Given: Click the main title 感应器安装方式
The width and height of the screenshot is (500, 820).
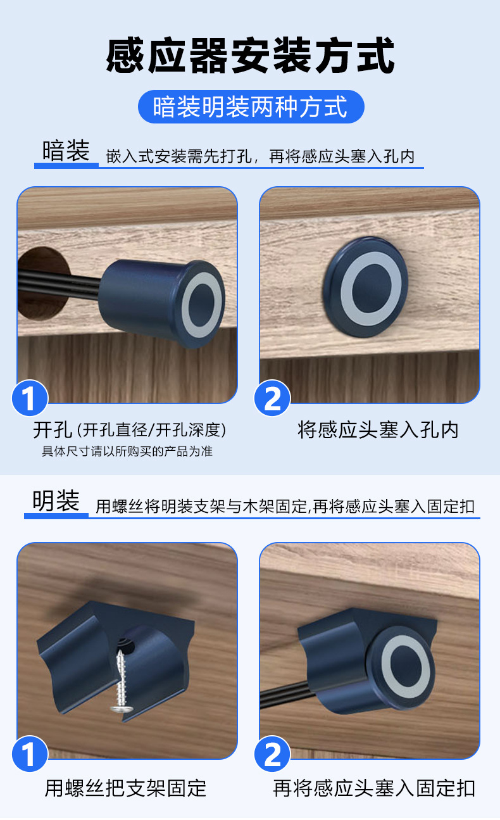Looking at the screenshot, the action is pos(250,55).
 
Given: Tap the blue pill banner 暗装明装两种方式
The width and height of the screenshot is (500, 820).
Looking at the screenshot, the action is pos(251,106).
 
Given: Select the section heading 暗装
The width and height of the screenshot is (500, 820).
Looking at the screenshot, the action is pos(66,151).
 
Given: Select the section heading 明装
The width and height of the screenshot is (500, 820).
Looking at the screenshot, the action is pos(56,501).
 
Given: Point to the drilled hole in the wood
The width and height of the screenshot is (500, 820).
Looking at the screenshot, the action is pos(42,283).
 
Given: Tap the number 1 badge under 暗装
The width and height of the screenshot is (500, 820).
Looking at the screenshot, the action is pos(30,398).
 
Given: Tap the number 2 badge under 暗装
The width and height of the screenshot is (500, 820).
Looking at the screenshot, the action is pos(272,398).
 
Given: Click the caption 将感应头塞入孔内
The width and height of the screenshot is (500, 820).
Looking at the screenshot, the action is pos(378,430).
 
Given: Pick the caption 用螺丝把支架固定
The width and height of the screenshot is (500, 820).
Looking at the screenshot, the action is pos(125,788).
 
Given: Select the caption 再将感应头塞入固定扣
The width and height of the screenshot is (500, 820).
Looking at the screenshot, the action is pos(374,788).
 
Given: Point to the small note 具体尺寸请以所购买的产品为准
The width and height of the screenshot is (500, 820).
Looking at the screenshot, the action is pos(127,451).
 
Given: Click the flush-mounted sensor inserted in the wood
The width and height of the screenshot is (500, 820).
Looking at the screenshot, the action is pos(366,287).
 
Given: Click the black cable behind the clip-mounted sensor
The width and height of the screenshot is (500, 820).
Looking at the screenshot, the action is pos(285,695).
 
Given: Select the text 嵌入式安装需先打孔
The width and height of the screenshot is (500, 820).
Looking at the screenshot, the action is pos(178,156).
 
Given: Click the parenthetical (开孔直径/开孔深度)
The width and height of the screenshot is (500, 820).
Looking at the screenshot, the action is pos(151,430).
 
